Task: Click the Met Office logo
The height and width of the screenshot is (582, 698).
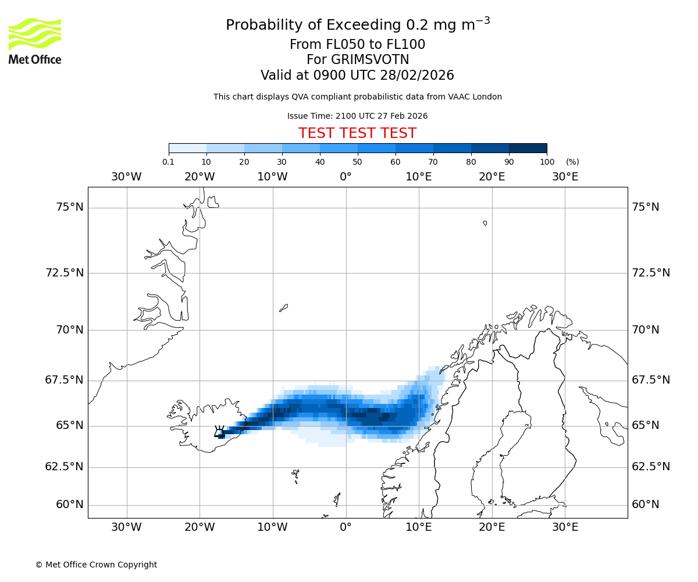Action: coord(35,41)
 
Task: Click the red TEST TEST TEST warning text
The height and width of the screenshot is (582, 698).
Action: coord(357,133)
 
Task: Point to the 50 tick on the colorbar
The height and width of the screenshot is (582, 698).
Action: coord(358,162)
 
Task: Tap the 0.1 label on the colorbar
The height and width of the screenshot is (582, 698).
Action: coord(168,162)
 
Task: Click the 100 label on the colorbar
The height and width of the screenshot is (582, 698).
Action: coord(547,162)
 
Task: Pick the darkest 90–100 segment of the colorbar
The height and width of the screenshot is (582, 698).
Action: coord(528,148)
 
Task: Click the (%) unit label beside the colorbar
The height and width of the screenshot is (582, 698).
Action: coord(572,162)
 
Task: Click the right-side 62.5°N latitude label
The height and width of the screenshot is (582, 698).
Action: coord(651,467)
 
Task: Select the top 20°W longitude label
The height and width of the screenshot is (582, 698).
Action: coord(200,176)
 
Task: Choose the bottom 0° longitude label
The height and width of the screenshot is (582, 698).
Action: coord(346,527)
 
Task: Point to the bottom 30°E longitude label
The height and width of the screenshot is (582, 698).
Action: coord(565,527)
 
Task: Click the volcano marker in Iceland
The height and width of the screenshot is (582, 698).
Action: coord(219,432)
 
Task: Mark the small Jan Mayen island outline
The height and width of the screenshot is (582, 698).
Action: coord(283,307)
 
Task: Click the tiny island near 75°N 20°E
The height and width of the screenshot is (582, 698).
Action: coord(485,223)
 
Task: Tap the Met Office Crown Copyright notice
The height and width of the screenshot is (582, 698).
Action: coord(96,565)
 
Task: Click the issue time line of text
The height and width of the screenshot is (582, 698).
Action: coord(357,116)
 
